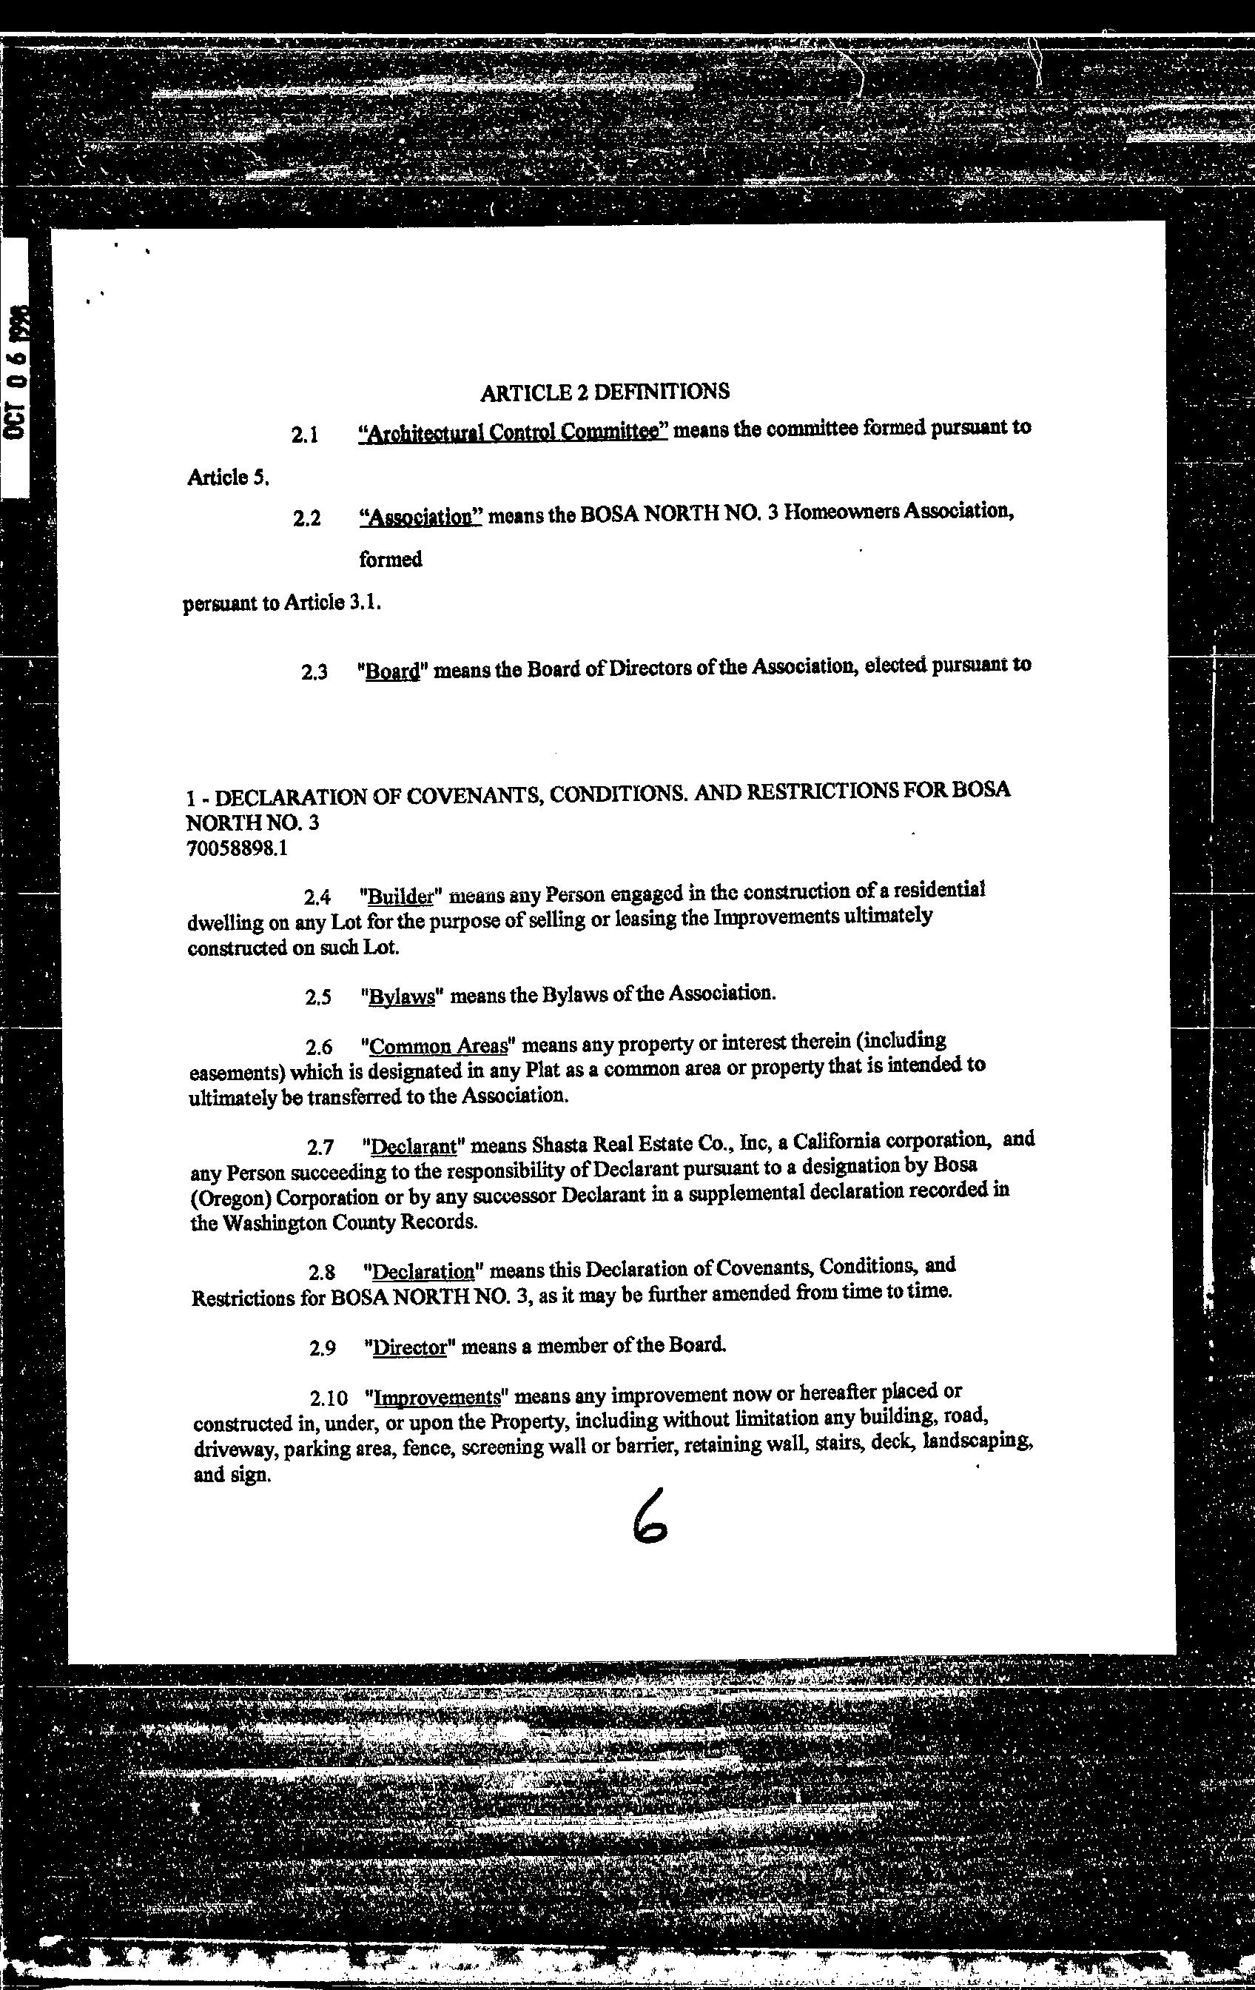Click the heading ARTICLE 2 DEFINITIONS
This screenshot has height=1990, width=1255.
click(604, 392)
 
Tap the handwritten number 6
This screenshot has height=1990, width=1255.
click(648, 1515)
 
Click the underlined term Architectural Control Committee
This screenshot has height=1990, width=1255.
click(513, 432)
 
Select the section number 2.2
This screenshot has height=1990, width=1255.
click(306, 520)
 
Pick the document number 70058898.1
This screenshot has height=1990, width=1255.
click(237, 847)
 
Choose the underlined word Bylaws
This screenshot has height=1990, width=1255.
click(402, 996)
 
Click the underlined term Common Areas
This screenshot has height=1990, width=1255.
click(438, 1046)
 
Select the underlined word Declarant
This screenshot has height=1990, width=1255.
click(413, 1147)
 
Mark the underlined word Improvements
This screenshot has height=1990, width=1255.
click(437, 1398)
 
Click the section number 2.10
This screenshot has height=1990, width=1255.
click(329, 1399)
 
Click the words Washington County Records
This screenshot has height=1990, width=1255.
click(333, 1222)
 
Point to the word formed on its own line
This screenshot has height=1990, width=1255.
click(390, 560)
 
